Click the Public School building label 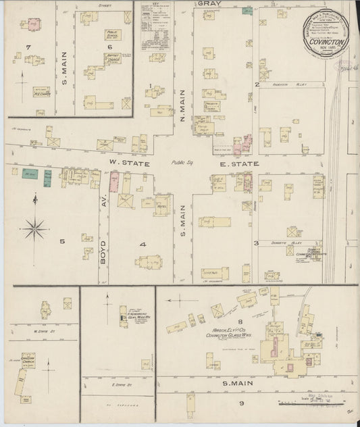coord(112,34)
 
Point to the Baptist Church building coord(112,59)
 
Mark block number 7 coord(28,46)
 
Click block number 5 coord(61,241)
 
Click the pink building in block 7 coord(32,24)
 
